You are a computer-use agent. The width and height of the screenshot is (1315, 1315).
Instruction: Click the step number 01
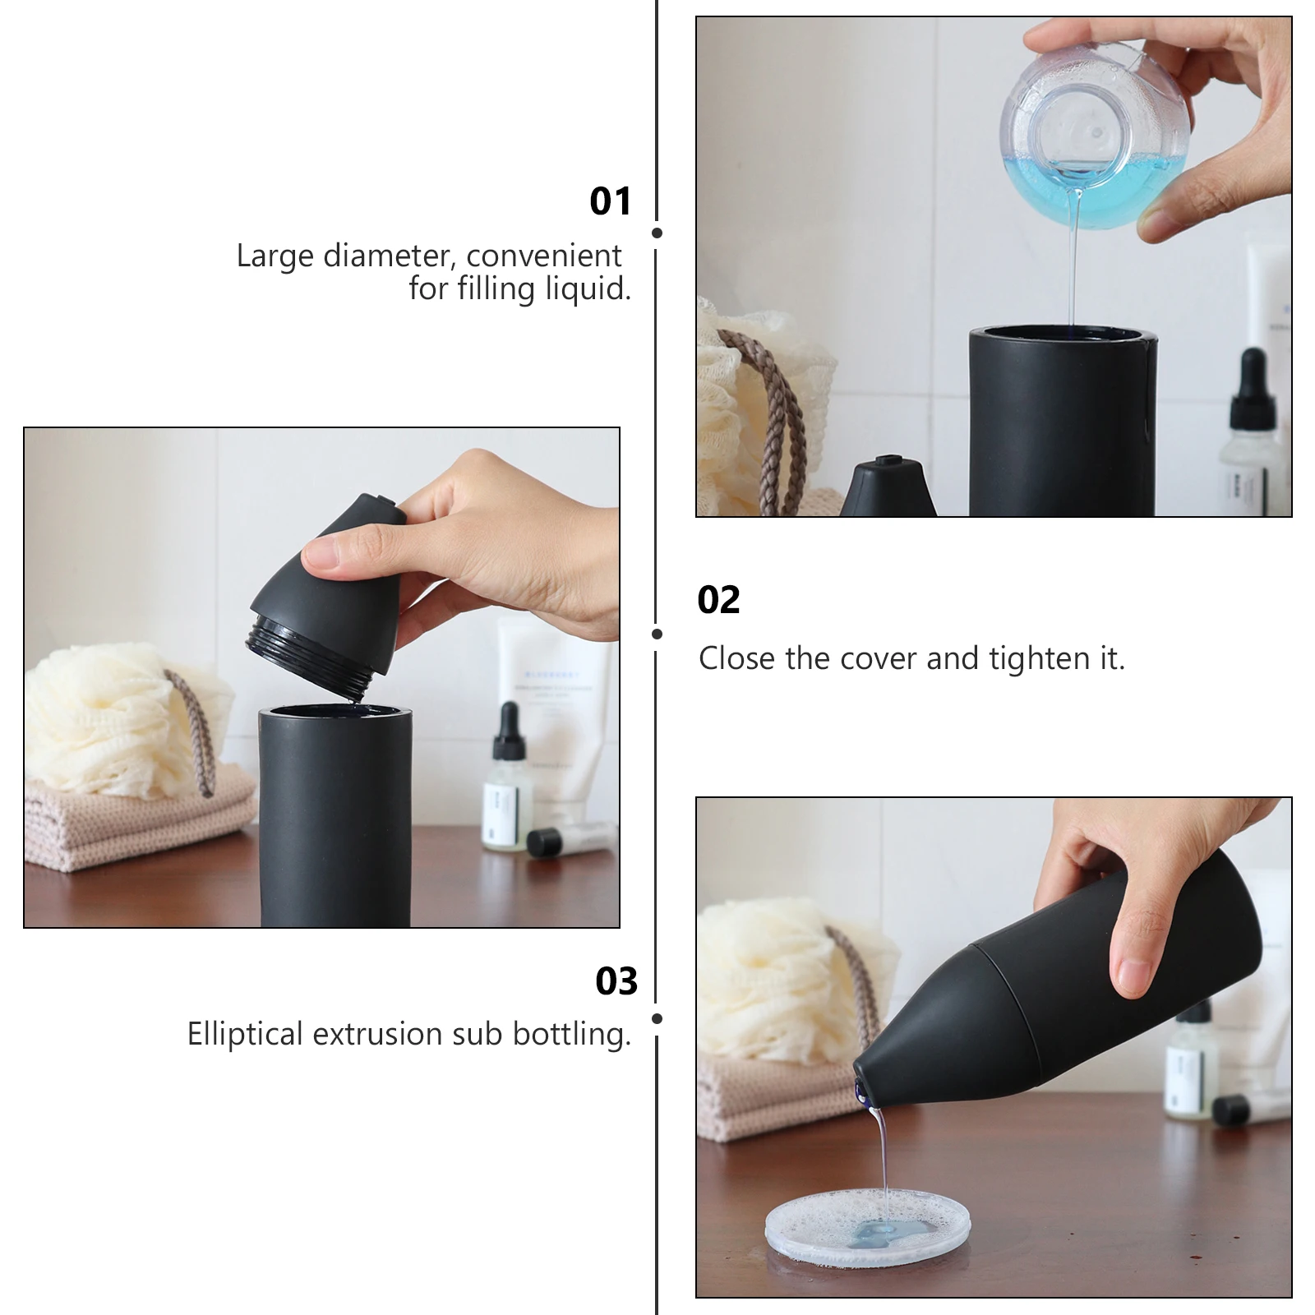(610, 201)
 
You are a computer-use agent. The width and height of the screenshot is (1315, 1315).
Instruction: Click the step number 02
(718, 600)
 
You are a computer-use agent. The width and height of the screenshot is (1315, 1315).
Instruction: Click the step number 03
(616, 981)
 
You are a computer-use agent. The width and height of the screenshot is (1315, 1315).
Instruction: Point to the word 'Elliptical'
(245, 1034)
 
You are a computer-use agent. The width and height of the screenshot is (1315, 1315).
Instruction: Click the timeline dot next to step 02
(657, 634)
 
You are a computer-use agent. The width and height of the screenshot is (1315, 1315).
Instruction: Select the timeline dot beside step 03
(657, 1018)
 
